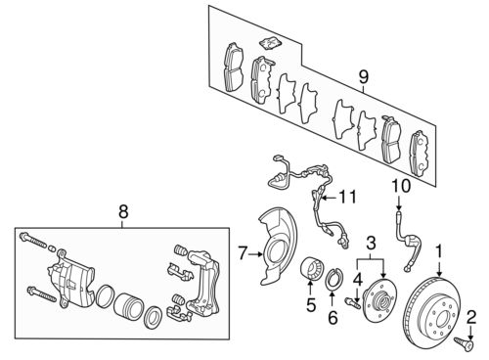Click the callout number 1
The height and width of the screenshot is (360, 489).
(x=440, y=250)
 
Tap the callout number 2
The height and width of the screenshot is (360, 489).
(x=470, y=315)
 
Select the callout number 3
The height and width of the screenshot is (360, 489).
(x=371, y=241)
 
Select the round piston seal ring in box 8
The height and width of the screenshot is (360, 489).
(x=155, y=319)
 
